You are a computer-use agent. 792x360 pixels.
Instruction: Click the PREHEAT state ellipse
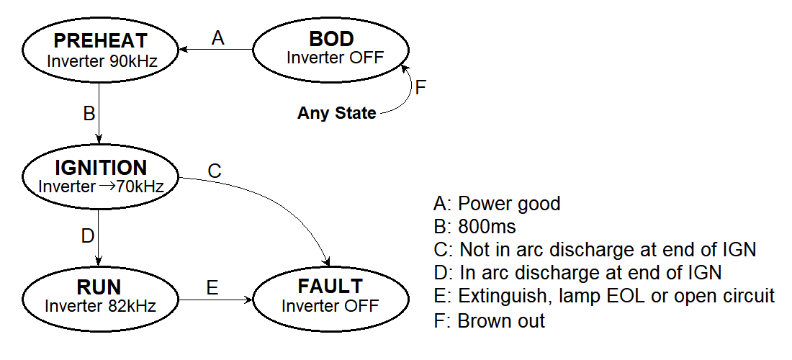coord(101,50)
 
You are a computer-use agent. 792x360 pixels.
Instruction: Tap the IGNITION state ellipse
coord(101,176)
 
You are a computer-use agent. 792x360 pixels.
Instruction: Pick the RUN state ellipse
coord(101,296)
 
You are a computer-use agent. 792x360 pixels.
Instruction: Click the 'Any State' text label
coord(336,113)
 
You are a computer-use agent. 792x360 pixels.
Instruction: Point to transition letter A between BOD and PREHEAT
coord(218,37)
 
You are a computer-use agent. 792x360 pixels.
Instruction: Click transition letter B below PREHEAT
coord(89,113)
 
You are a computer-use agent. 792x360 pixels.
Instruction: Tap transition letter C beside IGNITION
coord(215,171)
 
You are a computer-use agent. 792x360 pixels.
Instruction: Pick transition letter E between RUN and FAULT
coord(212,288)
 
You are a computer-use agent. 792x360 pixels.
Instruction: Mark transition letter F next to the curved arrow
coord(421,88)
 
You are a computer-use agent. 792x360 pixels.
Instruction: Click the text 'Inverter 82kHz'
coord(101,305)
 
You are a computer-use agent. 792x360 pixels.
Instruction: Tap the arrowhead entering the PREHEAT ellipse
coord(184,50)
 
